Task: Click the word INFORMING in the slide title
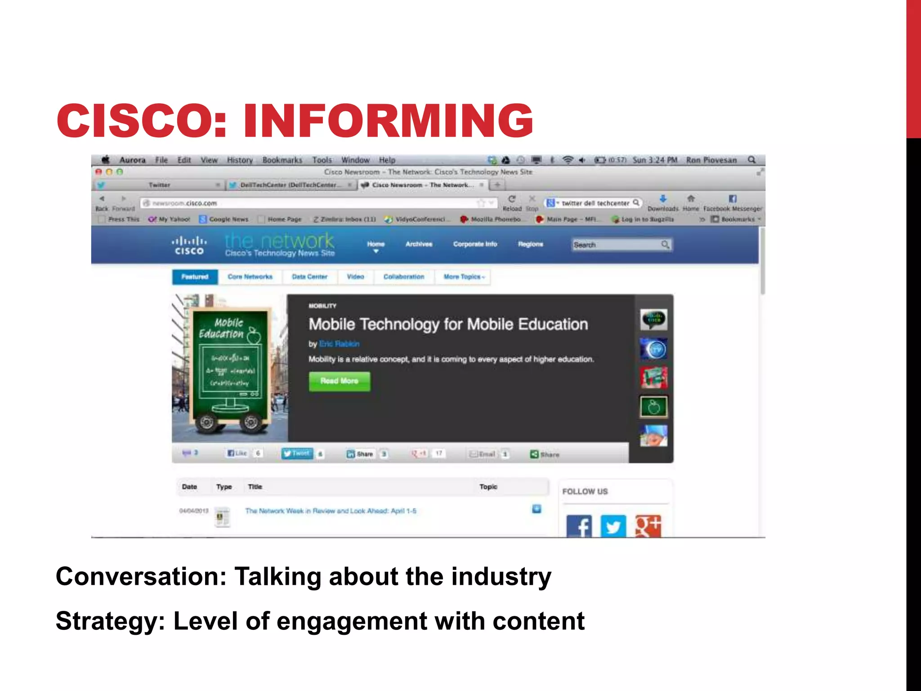pos(388,121)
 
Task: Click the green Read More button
pos(340,381)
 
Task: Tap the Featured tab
pos(195,277)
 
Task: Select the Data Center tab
pos(309,277)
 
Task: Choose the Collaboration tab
pos(403,277)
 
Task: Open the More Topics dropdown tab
pos(464,277)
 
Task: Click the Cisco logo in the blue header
pos(189,246)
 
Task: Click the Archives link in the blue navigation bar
pos(419,244)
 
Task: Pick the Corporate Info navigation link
pos(475,244)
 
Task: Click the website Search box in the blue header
pos(616,245)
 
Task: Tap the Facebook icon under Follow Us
pos(579,526)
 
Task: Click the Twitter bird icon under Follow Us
pos(613,526)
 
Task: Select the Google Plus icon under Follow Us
pos(648,526)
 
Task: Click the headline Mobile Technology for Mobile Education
pos(448,324)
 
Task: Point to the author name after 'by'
pos(339,344)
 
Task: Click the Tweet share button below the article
pos(297,453)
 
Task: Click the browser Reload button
pos(512,202)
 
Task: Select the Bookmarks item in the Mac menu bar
pos(282,160)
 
